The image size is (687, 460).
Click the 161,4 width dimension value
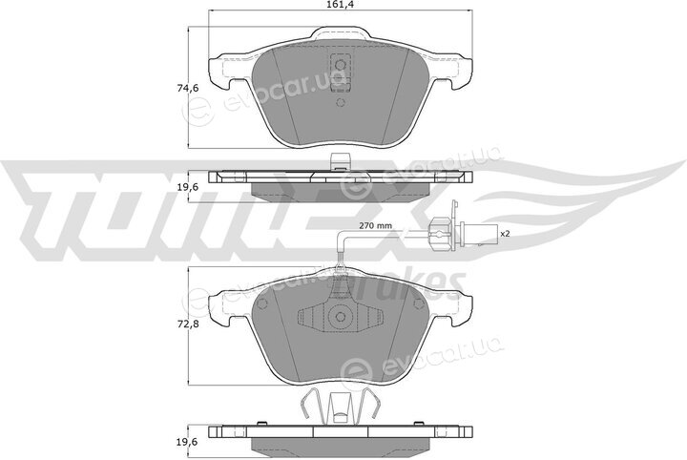tap(341, 5)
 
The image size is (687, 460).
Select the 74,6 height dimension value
tap(188, 88)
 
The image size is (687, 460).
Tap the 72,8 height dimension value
tap(188, 325)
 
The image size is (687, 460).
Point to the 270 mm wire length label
tap(376, 226)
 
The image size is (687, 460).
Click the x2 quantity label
tap(506, 234)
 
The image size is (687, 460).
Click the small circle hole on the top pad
tap(341, 103)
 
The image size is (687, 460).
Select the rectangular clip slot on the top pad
tap(341, 73)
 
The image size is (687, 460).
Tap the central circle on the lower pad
tap(341, 317)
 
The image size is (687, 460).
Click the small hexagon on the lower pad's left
tap(263, 304)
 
